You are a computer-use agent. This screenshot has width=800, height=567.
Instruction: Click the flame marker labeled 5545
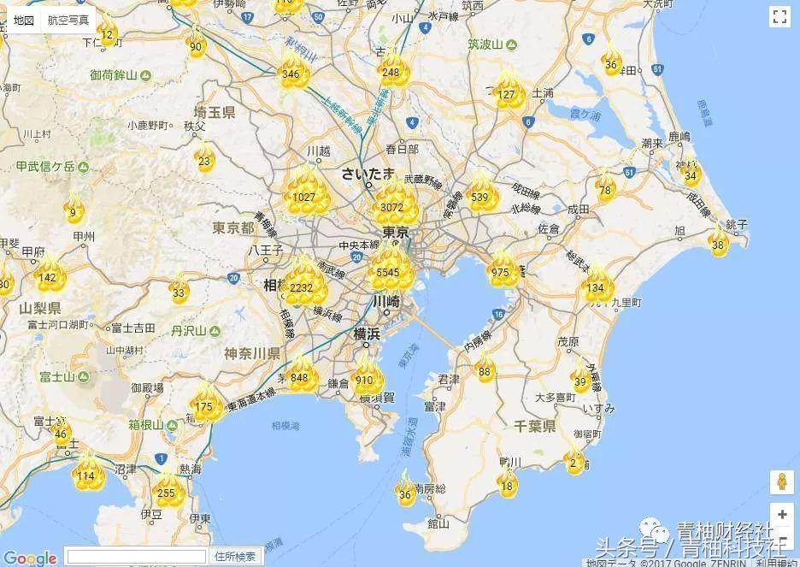[x=392, y=269]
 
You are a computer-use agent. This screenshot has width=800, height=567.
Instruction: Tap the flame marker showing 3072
[x=393, y=205]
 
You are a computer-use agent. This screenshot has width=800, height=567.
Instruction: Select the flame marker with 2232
[x=302, y=286]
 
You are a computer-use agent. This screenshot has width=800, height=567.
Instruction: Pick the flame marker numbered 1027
[x=304, y=196]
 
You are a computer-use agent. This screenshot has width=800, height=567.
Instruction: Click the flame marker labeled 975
[x=502, y=271]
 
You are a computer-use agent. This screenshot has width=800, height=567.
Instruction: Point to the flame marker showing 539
[x=479, y=196]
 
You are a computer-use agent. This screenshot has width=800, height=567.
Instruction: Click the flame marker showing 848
[x=300, y=376]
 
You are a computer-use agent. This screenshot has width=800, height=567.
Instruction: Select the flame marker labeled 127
[x=508, y=92]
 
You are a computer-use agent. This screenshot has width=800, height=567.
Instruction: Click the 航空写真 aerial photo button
[x=68, y=20]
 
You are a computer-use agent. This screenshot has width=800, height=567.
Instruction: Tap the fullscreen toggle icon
[x=779, y=17]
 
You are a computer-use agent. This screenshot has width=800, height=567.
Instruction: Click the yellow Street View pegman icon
[x=781, y=481]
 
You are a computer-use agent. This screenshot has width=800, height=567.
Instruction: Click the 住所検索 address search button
[x=235, y=557]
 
